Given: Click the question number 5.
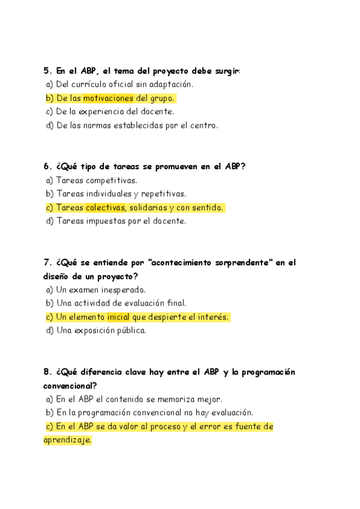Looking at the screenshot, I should tap(47, 71).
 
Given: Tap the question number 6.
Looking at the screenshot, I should tap(47, 166).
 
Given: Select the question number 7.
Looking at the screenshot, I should tap(47, 262).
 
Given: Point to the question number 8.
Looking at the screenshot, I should tap(47, 372).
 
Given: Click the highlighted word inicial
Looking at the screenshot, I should tap(118, 317).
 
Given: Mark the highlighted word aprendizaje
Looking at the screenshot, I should tap(67, 440).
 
